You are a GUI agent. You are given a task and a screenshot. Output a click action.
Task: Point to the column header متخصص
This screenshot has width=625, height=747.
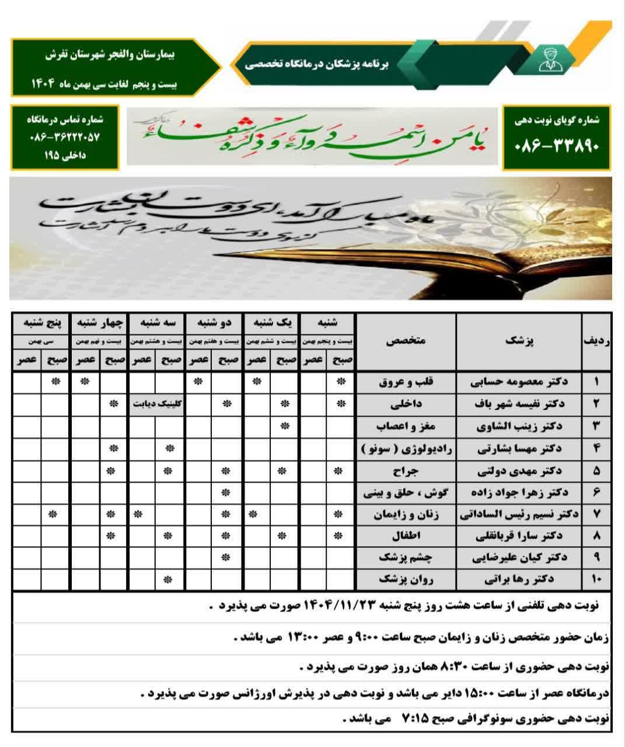point(406,341)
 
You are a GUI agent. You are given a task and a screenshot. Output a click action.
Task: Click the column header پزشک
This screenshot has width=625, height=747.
point(519,341)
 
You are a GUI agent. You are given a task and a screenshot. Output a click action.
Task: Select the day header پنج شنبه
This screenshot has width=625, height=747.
point(41,322)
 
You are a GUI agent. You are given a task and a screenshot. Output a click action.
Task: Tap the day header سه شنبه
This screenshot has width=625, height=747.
point(156,322)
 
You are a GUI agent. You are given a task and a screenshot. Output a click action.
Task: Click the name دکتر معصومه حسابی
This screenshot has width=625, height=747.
point(519,382)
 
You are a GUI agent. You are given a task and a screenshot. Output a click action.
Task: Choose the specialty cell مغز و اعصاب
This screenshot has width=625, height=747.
point(406,426)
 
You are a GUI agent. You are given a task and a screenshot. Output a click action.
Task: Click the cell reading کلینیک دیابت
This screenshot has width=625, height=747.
point(156,404)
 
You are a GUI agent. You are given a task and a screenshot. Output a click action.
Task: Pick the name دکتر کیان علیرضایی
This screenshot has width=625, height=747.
point(519,557)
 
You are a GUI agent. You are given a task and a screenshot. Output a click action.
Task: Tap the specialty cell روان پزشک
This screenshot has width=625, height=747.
point(406,580)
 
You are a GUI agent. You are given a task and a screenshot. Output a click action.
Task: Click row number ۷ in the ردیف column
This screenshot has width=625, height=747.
point(596,514)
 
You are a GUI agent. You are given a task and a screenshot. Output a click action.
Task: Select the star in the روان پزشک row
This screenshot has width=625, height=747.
point(169,580)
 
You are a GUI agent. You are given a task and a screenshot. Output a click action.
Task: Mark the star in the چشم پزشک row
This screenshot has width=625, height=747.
point(226,557)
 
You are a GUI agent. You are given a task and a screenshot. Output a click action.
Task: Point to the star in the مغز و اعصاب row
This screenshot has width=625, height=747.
point(285,426)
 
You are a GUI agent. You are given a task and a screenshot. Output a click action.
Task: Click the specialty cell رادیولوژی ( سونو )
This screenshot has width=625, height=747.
point(406,448)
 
